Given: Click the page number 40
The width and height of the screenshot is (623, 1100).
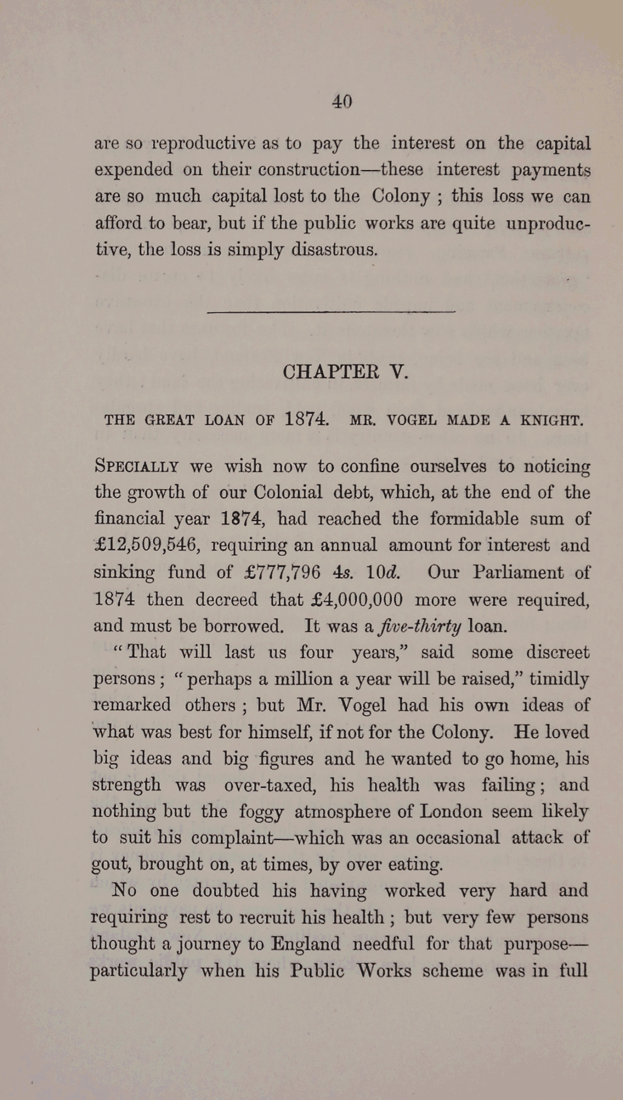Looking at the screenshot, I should coord(342,101).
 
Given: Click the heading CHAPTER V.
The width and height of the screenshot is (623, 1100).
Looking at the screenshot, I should coord(345,372).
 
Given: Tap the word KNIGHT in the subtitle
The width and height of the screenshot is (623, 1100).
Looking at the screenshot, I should coord(551,420).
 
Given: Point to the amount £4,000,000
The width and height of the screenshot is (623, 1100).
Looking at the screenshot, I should coord(356,599).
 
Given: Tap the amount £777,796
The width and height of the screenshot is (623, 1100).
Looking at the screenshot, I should coord(283,572).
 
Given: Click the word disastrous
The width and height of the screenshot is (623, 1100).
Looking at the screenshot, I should coord(334,249).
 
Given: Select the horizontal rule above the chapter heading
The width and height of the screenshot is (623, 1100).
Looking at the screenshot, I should coord(331,311).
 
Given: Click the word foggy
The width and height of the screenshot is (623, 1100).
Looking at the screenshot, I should coord(261,812).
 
